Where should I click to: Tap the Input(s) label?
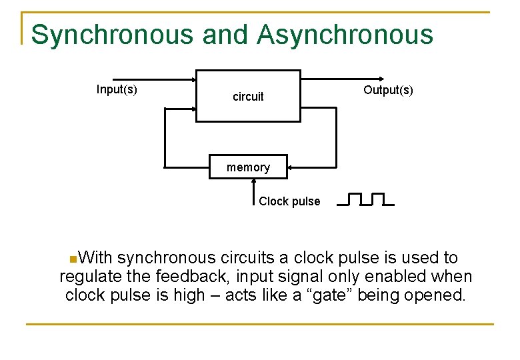tap(117, 89)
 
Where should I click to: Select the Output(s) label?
tap(388, 90)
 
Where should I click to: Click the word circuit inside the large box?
tap(248, 97)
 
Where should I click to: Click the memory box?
tap(248, 167)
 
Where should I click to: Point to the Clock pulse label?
tap(289, 201)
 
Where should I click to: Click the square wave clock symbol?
tap(365, 199)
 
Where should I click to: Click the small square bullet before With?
tap(72, 258)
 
